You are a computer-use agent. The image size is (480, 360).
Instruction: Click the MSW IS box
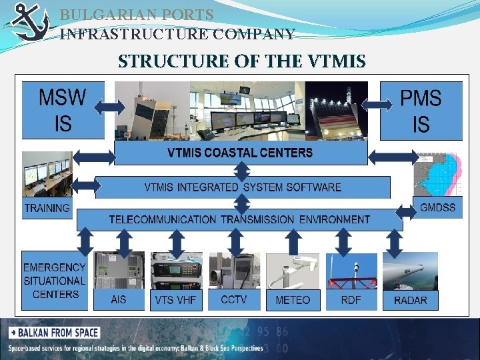coord(63,110)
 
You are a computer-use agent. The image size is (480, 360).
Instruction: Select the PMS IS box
coord(421,110)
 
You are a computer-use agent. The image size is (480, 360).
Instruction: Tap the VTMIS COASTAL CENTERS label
coord(240,153)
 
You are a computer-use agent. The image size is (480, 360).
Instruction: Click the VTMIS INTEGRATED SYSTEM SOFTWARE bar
coord(243,187)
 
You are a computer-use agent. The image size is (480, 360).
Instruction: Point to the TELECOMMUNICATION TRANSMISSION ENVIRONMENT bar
coord(239,219)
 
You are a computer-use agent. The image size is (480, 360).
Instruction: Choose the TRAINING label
coord(47,208)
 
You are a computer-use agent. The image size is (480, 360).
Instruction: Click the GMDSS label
coord(438,207)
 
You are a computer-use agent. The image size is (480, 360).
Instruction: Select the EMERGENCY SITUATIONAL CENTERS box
coord(55,281)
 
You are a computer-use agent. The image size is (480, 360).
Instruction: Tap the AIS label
coord(119,299)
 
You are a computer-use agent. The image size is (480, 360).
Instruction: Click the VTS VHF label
coord(175,300)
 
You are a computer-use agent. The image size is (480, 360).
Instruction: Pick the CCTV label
coord(234,299)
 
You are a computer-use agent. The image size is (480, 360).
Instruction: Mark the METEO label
coord(293,300)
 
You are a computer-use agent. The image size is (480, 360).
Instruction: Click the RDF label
coord(351,299)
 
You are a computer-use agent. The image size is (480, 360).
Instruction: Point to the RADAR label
coord(410,300)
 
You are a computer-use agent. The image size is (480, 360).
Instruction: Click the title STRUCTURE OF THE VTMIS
coord(241,62)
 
